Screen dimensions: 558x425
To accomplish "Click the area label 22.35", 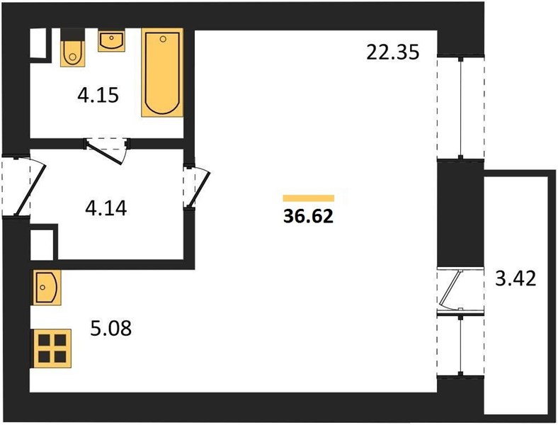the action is (x=393, y=52).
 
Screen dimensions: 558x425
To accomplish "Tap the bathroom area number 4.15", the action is (x=98, y=96).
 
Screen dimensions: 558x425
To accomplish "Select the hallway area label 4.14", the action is (x=106, y=208).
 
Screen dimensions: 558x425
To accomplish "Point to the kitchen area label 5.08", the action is (x=110, y=328).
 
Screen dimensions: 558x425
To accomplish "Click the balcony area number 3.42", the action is (x=516, y=278).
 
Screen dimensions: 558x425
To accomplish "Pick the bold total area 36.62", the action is (x=308, y=216).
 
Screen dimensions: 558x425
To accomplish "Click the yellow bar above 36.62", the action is (x=309, y=198).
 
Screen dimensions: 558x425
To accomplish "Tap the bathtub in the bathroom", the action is (x=162, y=73).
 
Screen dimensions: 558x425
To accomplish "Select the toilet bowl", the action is (x=73, y=53).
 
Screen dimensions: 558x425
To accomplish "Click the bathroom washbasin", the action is (x=111, y=41).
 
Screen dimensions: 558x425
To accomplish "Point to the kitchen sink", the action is (x=47, y=288).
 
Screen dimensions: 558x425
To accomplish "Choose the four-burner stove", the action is (x=52, y=348).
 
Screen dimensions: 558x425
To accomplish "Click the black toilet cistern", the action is (x=73, y=35).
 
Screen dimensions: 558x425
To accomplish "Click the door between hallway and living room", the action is (x=198, y=186).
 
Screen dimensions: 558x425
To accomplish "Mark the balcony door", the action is (x=450, y=288).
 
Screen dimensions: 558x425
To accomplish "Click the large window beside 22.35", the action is (x=461, y=108).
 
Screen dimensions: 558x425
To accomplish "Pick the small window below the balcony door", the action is (x=461, y=345).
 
